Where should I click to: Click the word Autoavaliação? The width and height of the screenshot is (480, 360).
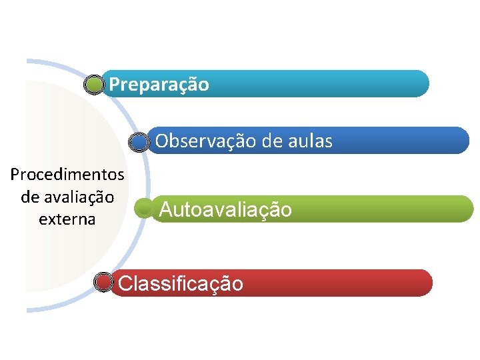pos(225,210)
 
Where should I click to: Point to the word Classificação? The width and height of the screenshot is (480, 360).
pos(181,284)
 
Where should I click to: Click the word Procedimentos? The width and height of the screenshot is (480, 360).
pos(67,175)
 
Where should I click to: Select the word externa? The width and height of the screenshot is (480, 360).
pos(67,219)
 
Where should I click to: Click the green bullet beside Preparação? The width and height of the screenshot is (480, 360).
pos(95,85)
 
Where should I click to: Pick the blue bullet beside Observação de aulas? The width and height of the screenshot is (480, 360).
pos(138,141)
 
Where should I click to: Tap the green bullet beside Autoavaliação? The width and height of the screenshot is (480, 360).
pos(143,209)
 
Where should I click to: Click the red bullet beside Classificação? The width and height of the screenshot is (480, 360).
pos(103,283)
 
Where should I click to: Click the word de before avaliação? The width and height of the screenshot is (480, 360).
pos(30,197)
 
